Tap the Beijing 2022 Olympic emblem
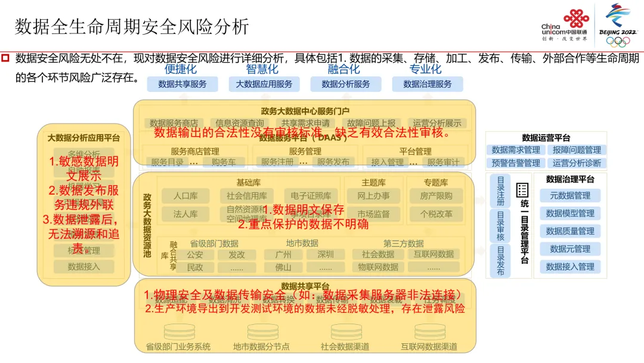[x=621, y=24]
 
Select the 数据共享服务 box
[x=182, y=84]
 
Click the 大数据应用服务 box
[x=264, y=84]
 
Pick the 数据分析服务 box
[x=346, y=84]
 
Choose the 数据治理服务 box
[x=428, y=84]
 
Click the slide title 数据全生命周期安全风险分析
[x=132, y=26]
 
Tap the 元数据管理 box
[x=570, y=196]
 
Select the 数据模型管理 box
[x=570, y=213]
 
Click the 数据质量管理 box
[x=570, y=231]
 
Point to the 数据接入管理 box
[x=570, y=266]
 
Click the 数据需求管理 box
[x=516, y=150]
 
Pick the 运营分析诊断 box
[x=577, y=163]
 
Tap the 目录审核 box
[x=500, y=226]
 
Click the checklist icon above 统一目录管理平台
[x=523, y=190]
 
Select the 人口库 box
[x=185, y=196]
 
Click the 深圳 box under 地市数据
[x=326, y=254]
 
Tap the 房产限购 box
[x=436, y=196]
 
